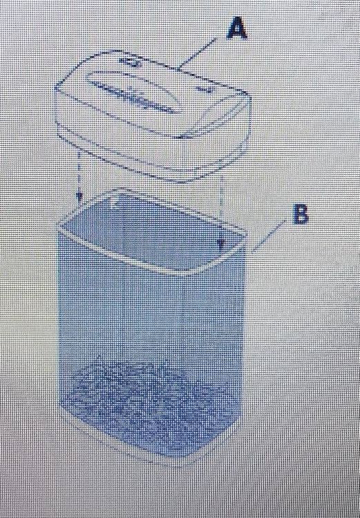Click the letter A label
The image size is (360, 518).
[237, 29]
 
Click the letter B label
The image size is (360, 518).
[301, 214]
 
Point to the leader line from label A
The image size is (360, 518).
[197, 54]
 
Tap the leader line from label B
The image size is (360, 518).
[267, 237]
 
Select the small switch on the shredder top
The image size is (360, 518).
[130, 61]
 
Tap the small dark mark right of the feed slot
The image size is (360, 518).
[203, 88]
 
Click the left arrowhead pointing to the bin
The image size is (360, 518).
[78, 198]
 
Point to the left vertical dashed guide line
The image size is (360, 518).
[79, 172]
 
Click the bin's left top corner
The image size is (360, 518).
[59, 229]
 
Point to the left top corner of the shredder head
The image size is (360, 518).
[55, 88]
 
